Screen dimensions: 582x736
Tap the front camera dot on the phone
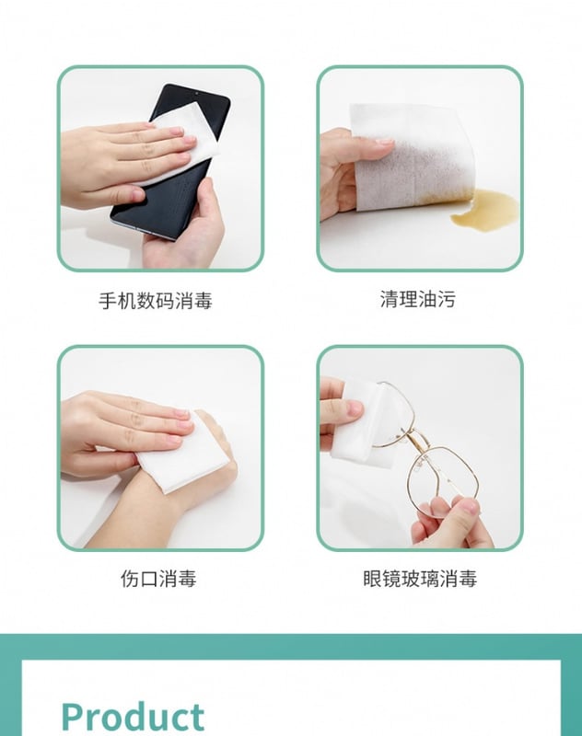point(196,94)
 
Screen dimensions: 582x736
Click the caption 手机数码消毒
point(156,301)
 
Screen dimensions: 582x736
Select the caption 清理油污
point(417,299)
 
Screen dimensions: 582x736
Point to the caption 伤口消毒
point(158,579)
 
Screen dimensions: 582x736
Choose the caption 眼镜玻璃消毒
point(420,579)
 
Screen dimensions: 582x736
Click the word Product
point(133,717)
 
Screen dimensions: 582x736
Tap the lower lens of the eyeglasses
point(443,478)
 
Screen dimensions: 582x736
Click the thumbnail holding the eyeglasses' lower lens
point(470,507)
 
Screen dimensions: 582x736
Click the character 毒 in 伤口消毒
point(187,579)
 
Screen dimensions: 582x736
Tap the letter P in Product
point(73,717)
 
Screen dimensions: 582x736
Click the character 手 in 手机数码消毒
point(108,301)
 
